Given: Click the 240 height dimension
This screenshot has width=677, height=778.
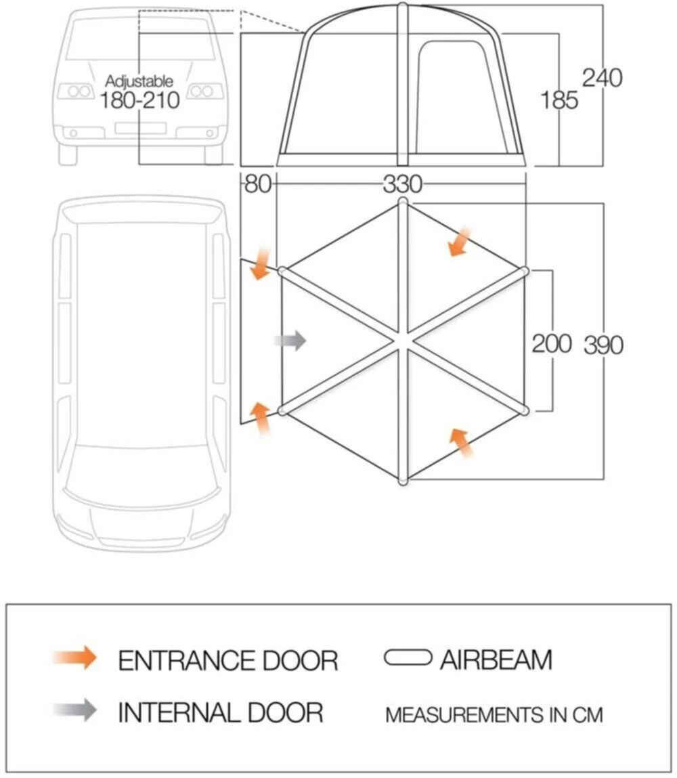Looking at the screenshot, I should point(602,78).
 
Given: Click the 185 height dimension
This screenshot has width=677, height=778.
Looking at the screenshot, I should point(559,100).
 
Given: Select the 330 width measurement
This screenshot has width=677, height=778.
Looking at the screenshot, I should point(402,184).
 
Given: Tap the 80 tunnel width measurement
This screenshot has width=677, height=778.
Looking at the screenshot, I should point(257,184).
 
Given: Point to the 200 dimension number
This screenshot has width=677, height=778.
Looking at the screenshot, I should point(552,343).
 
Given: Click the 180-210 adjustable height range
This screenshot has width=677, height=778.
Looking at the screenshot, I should point(139,100).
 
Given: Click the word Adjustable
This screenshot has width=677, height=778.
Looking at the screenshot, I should point(139,82).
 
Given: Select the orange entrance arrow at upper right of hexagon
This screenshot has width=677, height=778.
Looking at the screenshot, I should point(459,242).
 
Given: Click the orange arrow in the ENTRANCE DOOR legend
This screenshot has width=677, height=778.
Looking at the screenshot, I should point(75,657).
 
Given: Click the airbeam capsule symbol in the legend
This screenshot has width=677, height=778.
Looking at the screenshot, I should point(408,657).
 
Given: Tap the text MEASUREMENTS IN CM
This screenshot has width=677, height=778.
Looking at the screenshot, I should point(494,714).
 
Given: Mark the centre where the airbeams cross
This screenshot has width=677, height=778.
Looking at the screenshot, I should point(403,340).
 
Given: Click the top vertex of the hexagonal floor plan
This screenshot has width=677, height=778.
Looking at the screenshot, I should point(403,202).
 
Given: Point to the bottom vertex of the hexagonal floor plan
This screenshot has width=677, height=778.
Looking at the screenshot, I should point(403,481).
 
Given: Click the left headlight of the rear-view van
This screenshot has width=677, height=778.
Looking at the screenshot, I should point(75,91).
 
